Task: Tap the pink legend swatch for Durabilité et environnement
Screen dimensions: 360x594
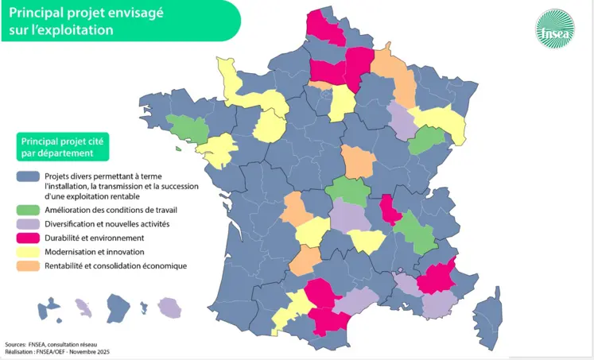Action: click(x=29, y=237)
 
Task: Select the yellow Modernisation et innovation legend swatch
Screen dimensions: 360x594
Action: click(x=29, y=251)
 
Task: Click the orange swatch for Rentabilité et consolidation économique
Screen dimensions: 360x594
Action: click(x=29, y=265)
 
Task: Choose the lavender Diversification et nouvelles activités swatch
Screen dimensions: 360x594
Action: click(x=29, y=224)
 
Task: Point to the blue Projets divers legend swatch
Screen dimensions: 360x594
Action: click(x=29, y=176)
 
